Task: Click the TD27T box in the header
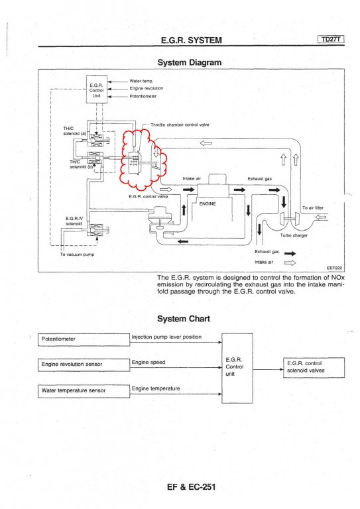tap(331, 39)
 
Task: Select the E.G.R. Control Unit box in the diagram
tap(96, 89)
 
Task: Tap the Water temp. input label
tap(141, 81)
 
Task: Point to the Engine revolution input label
tap(147, 88)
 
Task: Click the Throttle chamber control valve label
tap(180, 125)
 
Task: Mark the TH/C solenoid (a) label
tap(75, 131)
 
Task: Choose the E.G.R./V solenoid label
tap(74, 221)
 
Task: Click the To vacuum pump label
tap(78, 254)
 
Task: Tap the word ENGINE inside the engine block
tap(208, 204)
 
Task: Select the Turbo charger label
tap(294, 235)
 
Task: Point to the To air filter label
tap(313, 207)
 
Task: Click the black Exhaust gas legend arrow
tap(290, 254)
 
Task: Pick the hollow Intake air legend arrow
tap(290, 263)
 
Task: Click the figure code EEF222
tap(334, 268)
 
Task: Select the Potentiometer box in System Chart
tap(84, 339)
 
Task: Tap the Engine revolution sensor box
tap(84, 365)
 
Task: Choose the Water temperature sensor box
tap(84, 391)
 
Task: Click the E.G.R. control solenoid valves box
tap(314, 367)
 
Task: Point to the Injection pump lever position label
tap(166, 337)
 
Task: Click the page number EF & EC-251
tap(191, 486)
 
